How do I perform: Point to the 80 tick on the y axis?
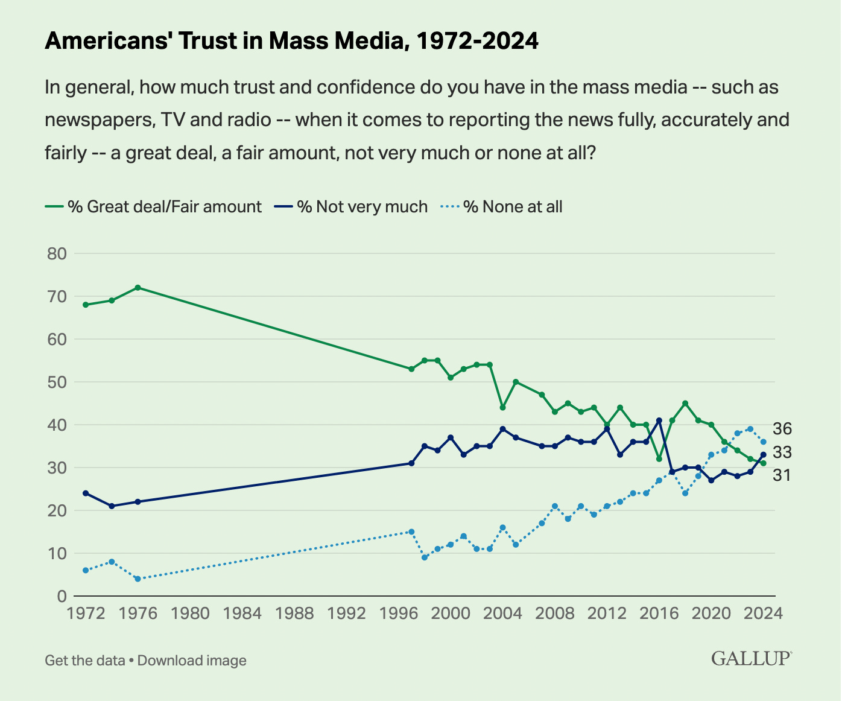(x=57, y=253)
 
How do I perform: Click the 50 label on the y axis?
(x=57, y=382)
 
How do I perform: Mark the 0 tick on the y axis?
(x=62, y=596)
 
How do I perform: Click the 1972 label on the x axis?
(x=86, y=614)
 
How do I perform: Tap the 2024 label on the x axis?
(x=763, y=614)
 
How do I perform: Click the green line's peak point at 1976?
(x=138, y=287)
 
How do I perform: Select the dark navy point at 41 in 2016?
(x=659, y=420)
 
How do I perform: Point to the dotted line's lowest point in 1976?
(x=138, y=579)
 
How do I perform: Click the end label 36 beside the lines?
(x=782, y=429)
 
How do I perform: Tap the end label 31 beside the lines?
(x=782, y=475)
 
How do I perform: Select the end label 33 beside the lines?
(x=782, y=452)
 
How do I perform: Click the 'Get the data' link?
(x=84, y=660)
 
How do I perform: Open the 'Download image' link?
(x=192, y=660)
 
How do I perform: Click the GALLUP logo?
(x=752, y=658)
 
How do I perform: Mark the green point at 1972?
(x=86, y=305)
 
